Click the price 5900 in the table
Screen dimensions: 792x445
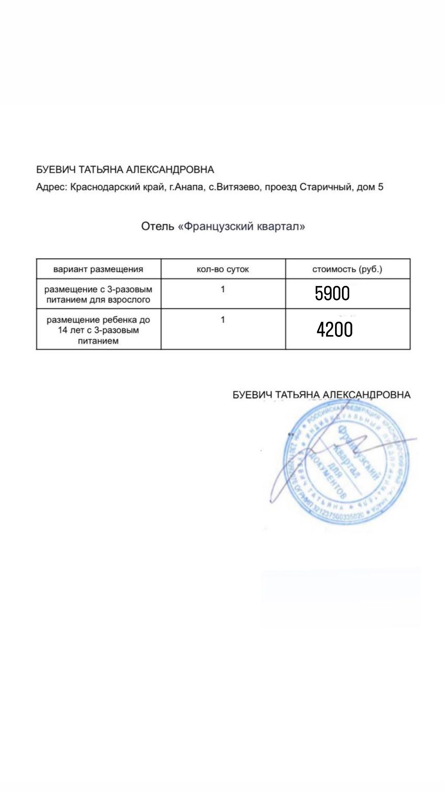[x=332, y=294]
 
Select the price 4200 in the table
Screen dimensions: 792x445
[x=334, y=329]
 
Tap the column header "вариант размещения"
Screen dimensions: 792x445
[x=98, y=269]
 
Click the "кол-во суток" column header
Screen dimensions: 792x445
[x=223, y=269]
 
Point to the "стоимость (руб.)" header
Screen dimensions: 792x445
[x=347, y=269]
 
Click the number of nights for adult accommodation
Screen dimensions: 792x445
[x=223, y=289]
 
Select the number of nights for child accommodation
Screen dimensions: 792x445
[x=223, y=320]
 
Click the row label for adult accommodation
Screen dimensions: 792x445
[x=98, y=294]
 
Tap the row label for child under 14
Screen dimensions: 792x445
[x=98, y=330]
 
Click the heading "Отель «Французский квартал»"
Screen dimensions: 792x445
[x=223, y=227]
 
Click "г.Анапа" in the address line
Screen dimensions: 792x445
[x=186, y=187]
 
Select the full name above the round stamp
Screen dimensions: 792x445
[x=321, y=394]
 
